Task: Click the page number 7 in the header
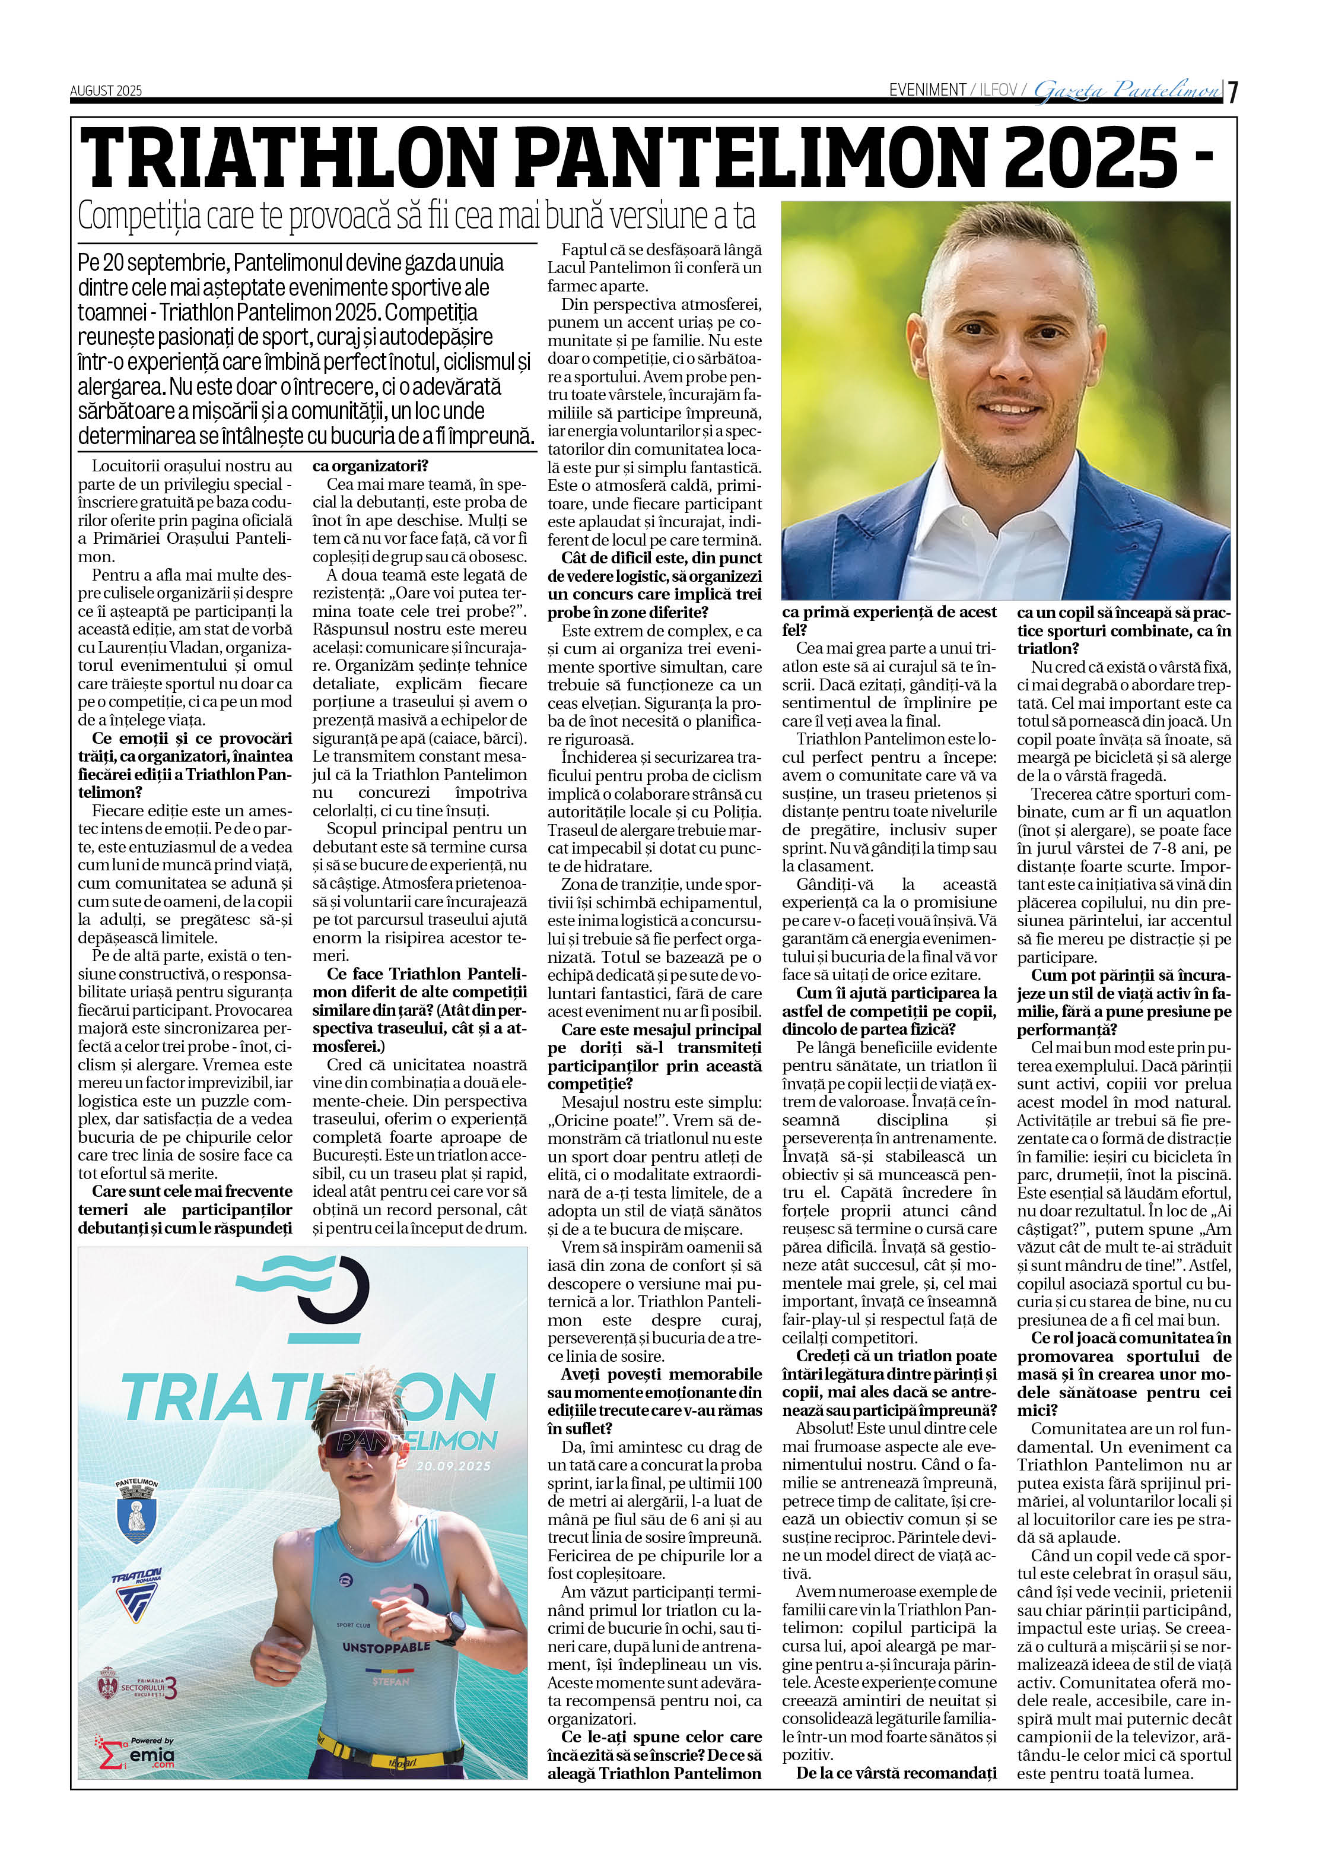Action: click(1233, 90)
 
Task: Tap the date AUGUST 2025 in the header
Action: click(106, 90)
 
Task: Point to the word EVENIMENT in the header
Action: click(927, 90)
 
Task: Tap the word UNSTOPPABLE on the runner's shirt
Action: click(386, 1647)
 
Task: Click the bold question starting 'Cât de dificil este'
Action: click(654, 585)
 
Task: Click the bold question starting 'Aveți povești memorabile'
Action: click(654, 1400)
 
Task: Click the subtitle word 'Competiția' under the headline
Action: click(139, 217)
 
